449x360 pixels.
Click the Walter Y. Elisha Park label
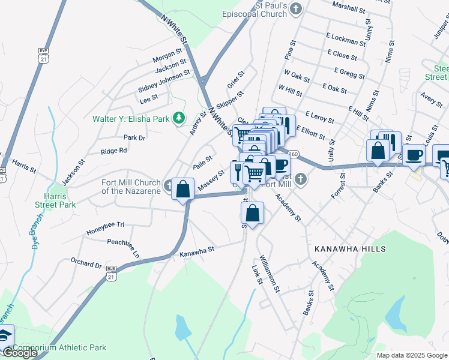coord(130,119)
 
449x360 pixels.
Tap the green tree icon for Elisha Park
coord(178,118)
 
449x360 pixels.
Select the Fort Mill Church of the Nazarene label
coord(130,187)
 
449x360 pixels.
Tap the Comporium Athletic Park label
coord(59,347)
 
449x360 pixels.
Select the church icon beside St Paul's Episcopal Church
coord(297,8)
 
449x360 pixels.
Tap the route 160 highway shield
coord(292,154)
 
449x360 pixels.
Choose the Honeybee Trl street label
coord(105,224)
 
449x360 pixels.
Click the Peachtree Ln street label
coord(123,246)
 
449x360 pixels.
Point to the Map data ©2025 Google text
coord(411,355)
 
